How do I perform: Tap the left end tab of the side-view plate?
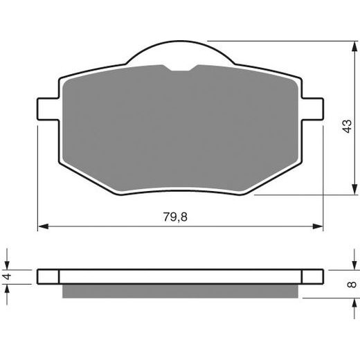click(x=48, y=276)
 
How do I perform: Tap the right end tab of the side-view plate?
click(x=312, y=276)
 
